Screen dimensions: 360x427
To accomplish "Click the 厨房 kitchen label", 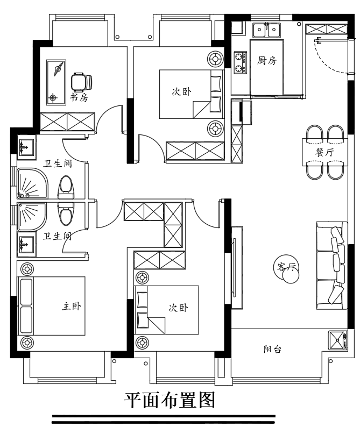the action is [x=266, y=60].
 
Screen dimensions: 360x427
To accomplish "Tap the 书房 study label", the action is [x=79, y=97].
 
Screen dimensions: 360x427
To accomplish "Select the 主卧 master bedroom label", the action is [x=72, y=306].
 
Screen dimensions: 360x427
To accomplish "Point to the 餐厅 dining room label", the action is [x=324, y=152].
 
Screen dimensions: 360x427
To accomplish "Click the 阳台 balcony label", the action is [x=272, y=349].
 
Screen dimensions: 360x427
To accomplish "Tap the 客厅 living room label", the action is [x=286, y=267].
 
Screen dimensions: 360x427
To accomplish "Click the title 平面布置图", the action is [x=170, y=400].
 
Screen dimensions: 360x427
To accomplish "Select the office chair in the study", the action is [x=81, y=82].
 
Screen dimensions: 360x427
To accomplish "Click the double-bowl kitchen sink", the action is [x=266, y=30].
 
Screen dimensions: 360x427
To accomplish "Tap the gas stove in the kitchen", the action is [x=240, y=62].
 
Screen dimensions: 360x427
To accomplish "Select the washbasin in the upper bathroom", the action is [x=26, y=147].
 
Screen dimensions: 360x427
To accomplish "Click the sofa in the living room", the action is [x=332, y=266].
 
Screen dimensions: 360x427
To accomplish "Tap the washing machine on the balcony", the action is [x=338, y=340].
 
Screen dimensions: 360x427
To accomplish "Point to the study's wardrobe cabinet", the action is [x=68, y=122].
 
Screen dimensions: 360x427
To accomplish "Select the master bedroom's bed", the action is [x=51, y=306].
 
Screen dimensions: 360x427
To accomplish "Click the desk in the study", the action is [x=56, y=82].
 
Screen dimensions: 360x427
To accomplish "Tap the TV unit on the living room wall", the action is [x=237, y=267].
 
